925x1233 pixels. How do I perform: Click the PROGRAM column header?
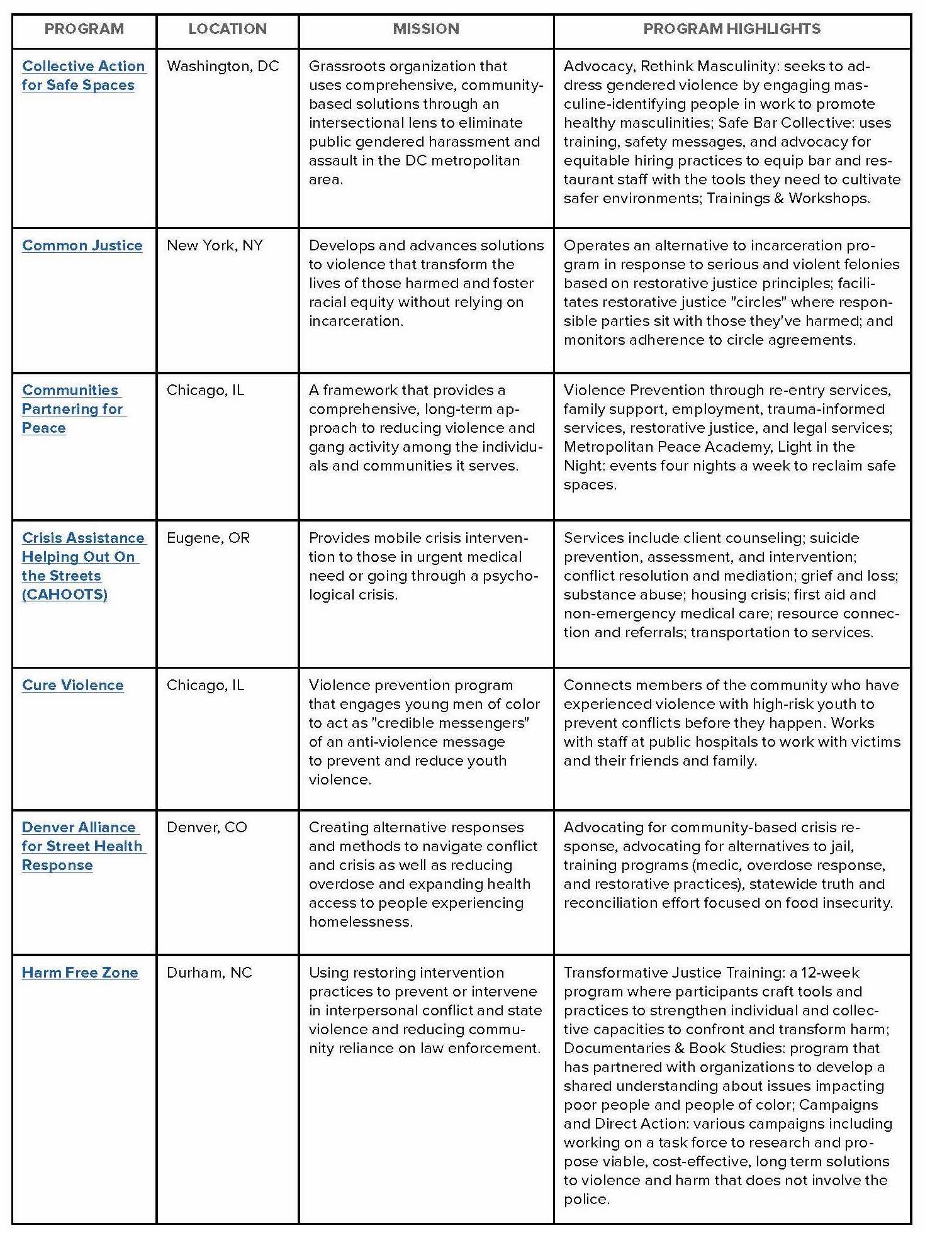84,29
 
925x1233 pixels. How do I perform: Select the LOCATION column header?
227,29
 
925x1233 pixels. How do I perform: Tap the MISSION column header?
426,29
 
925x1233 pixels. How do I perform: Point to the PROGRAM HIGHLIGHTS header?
732,29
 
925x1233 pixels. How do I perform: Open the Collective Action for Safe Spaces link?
83,75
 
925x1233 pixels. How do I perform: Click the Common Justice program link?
82,245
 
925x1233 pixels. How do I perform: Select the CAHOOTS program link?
82,566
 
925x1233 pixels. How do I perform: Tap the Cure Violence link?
73,685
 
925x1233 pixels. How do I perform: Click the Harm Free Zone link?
80,973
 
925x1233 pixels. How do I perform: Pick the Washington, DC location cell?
223,66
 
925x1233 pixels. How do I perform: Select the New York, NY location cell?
215,245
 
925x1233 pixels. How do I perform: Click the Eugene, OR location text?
208,538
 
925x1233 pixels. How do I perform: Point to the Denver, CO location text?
206,827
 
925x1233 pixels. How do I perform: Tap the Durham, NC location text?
209,973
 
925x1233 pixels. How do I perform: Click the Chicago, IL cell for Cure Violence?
205,685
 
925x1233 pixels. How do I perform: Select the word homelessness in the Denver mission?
360,922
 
